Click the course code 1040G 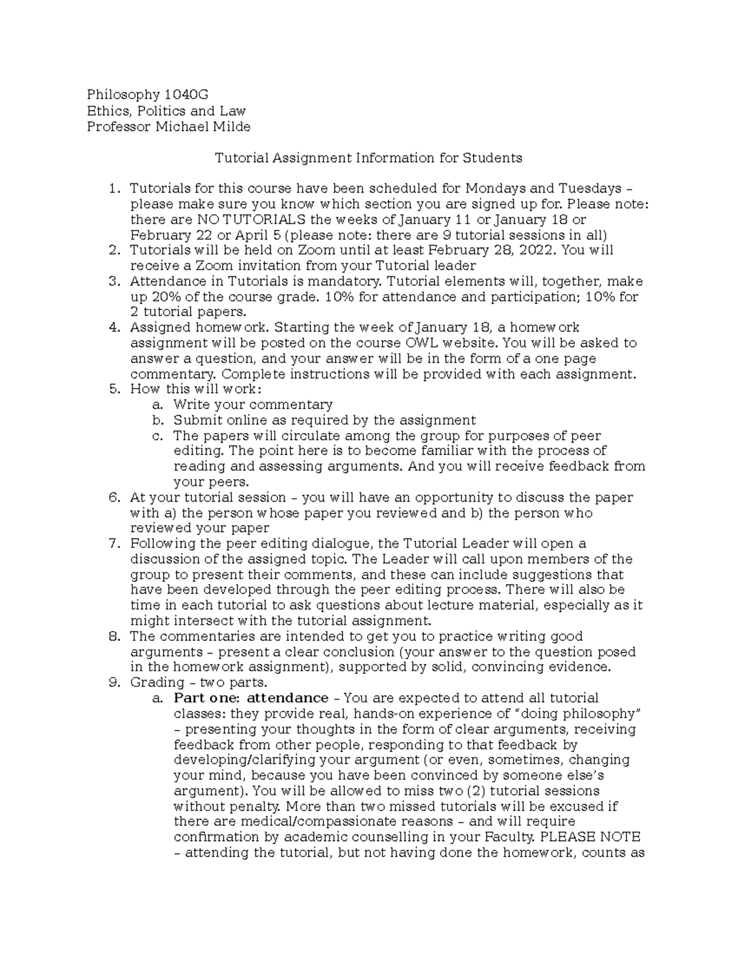186,95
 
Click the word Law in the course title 234,111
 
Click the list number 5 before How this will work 113,389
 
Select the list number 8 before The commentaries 113,636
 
